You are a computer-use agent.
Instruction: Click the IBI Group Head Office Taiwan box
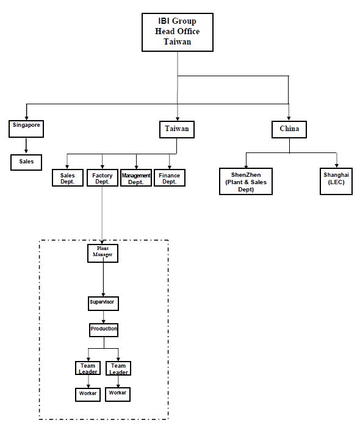click(x=178, y=32)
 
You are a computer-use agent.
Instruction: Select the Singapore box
click(x=26, y=129)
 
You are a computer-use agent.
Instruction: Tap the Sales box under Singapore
click(x=26, y=162)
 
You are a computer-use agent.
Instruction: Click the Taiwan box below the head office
click(x=176, y=129)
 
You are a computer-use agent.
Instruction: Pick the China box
click(x=289, y=129)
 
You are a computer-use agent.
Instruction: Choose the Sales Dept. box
click(x=68, y=178)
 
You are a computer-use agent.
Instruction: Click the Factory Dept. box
click(x=103, y=178)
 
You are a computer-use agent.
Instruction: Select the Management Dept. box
click(x=136, y=178)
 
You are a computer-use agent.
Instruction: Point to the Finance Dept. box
click(x=170, y=178)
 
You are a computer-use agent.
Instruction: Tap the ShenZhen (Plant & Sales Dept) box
click(x=246, y=181)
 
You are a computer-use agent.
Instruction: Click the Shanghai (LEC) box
click(x=336, y=181)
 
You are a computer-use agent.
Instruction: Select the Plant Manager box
click(x=103, y=254)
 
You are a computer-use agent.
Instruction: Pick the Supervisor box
click(x=103, y=304)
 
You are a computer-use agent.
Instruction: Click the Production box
click(x=104, y=330)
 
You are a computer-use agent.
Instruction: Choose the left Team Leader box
click(x=88, y=368)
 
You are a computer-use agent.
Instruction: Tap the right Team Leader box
click(x=118, y=368)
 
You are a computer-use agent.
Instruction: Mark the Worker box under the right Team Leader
click(x=118, y=394)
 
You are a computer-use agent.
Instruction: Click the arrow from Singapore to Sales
click(x=26, y=146)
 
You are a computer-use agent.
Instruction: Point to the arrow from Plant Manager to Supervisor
click(x=103, y=279)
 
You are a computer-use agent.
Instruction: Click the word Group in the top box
click(x=184, y=21)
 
